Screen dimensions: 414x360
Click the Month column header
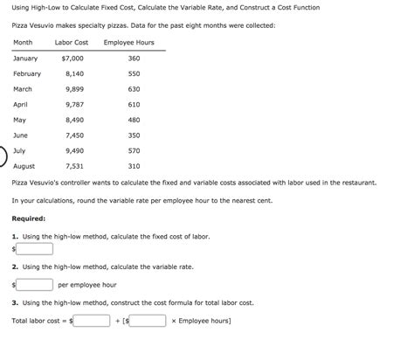click(23, 43)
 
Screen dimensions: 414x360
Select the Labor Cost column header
click(71, 43)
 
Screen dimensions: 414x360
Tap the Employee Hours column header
click(128, 43)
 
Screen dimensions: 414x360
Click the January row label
click(25, 59)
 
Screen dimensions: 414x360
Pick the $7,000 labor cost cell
click(72, 59)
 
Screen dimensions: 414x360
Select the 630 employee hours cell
click(134, 89)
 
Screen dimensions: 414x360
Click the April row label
click(21, 104)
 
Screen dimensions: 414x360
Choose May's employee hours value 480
click(134, 120)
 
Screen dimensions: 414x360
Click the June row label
click(21, 135)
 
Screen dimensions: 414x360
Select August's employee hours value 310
click(134, 166)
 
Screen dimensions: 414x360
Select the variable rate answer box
click(35, 284)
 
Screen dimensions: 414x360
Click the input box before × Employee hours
click(149, 320)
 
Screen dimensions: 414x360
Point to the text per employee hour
click(86, 285)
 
